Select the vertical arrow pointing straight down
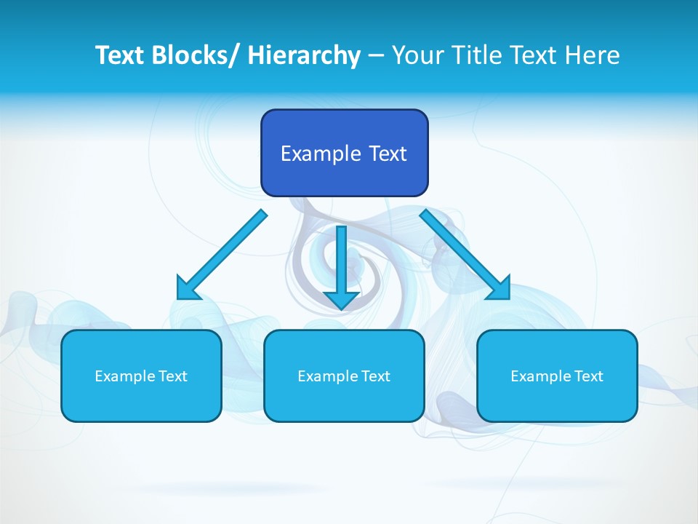pyautogui.click(x=341, y=262)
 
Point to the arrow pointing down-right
pyautogui.click(x=462, y=252)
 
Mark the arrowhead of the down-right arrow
pyautogui.click(x=500, y=289)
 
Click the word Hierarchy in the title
pyautogui.click(x=304, y=55)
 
